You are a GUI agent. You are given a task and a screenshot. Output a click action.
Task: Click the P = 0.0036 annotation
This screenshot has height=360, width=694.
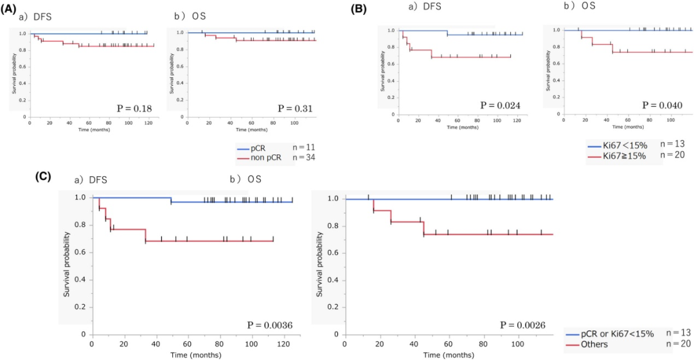point(270,326)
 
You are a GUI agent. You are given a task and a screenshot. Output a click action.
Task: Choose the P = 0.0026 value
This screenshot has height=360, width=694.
point(523,326)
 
